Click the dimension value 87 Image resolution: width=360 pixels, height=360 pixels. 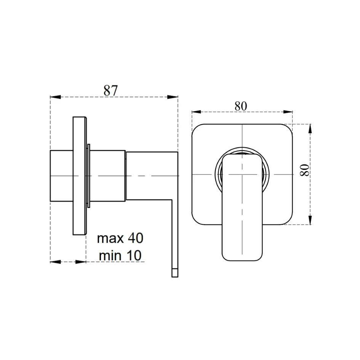[111, 90]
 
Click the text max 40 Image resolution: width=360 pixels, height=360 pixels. [120, 238]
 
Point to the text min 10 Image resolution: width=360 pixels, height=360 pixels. [120, 256]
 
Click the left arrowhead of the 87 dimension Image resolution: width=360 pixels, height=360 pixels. [55, 97]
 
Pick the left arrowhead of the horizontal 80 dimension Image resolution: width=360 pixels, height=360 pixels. [197, 112]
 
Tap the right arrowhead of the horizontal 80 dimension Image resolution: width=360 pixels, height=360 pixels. [288, 112]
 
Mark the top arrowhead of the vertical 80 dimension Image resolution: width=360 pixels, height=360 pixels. [310, 128]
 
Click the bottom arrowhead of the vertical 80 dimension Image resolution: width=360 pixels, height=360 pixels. [310, 220]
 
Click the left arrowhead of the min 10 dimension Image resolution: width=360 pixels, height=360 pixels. [55, 262]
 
